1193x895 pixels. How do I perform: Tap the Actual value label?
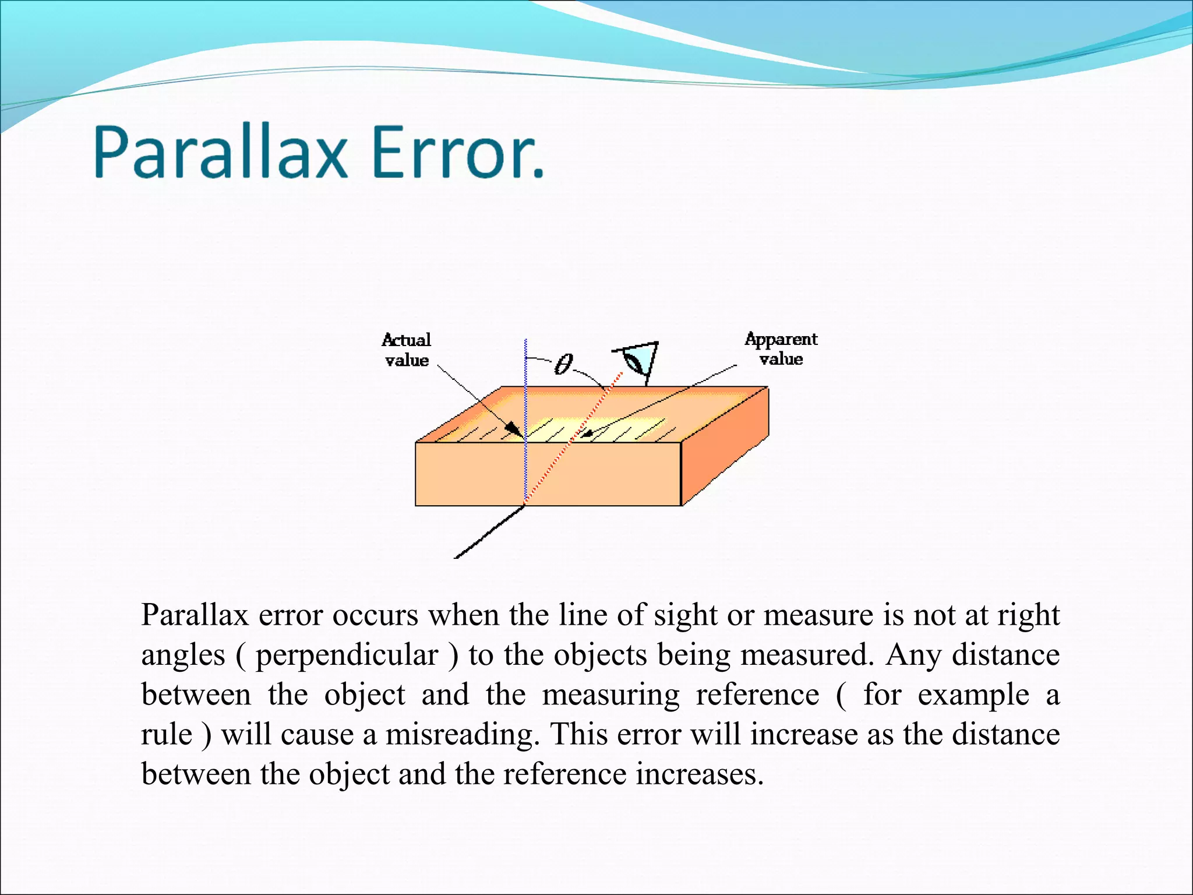tap(407, 350)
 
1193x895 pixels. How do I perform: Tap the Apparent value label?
tap(781, 348)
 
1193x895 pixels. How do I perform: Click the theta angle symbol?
tap(563, 364)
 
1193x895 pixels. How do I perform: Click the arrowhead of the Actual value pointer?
tap(513, 430)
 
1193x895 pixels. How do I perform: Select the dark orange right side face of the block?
tap(725, 446)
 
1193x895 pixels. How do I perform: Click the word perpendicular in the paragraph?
tap(347, 656)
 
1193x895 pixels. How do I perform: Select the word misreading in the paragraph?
tap(460, 734)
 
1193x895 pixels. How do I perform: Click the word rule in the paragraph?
tap(167, 734)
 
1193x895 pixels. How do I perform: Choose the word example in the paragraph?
tap(973, 695)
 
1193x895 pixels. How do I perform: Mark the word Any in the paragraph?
tap(913, 656)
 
